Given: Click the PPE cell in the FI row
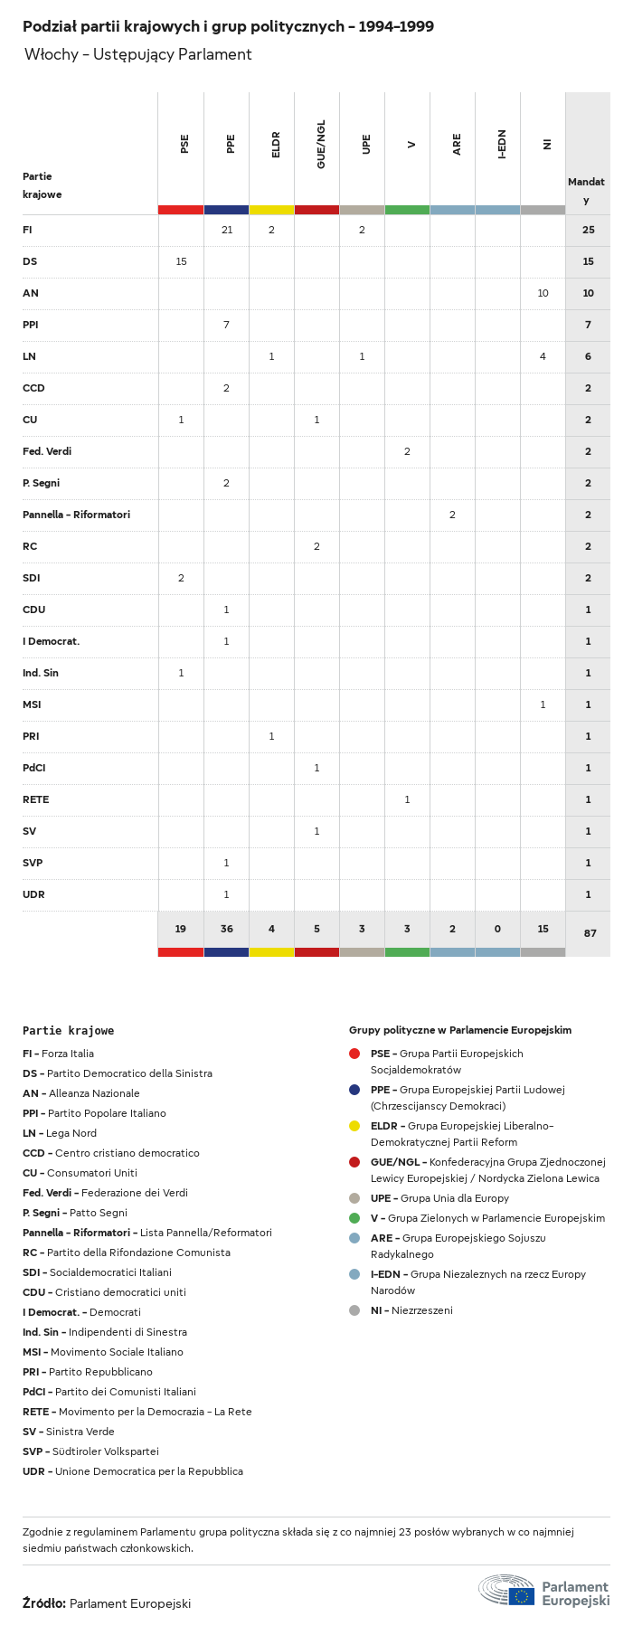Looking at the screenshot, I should tap(226, 230).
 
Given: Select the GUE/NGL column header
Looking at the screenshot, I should tap(321, 145).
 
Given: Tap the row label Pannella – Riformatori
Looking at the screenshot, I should tap(76, 515).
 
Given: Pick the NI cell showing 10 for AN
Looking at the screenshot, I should tap(543, 293).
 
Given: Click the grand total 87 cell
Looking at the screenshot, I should tap(590, 932).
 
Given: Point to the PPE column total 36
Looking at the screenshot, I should tap(226, 929).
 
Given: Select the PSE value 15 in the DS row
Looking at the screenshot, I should tap(181, 261).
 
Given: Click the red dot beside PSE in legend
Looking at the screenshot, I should tap(354, 1054).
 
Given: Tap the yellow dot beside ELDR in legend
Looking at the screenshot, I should tap(354, 1126).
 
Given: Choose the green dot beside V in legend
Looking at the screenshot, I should tap(354, 1218).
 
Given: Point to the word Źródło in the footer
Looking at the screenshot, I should tap(43, 1603).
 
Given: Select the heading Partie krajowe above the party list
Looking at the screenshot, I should tap(68, 1030).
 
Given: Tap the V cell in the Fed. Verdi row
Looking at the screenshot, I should tap(407, 451).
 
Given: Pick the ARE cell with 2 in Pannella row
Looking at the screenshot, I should tap(452, 515).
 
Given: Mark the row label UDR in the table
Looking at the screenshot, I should tap(33, 894).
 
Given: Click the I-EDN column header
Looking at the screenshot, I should tap(502, 145).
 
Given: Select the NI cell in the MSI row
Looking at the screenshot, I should tap(543, 704).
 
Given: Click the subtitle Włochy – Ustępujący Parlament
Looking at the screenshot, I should tap(137, 54).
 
